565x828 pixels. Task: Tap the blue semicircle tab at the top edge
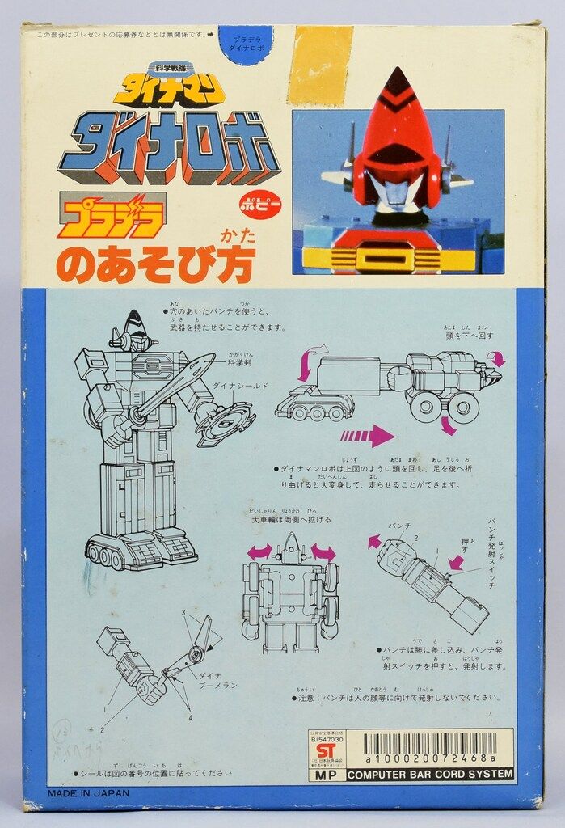point(245,44)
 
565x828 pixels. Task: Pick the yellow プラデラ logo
point(111,218)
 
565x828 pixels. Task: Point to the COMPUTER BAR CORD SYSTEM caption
point(429,775)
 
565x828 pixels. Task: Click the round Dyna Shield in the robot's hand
point(224,424)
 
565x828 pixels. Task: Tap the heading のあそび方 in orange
point(154,264)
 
